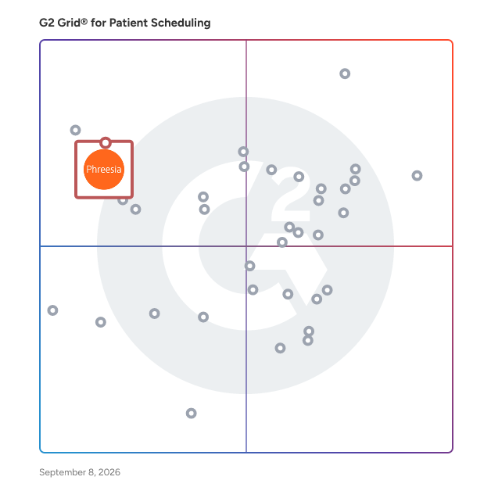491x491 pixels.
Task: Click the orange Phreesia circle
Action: pyautogui.click(x=104, y=170)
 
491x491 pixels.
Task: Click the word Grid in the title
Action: pyautogui.click(x=69, y=23)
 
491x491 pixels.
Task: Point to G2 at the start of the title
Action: pyautogui.click(x=47, y=23)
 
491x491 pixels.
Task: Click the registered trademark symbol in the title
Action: pyautogui.click(x=84, y=21)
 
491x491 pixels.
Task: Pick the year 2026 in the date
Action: pyautogui.click(x=109, y=472)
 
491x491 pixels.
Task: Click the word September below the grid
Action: pyautogui.click(x=63, y=472)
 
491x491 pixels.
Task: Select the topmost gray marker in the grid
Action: pyautogui.click(x=345, y=73)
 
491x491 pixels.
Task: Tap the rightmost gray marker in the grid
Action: pyautogui.click(x=417, y=176)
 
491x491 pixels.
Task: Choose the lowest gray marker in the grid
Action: pyautogui.click(x=191, y=414)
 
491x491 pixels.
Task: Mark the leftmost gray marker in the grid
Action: pyautogui.click(x=52, y=310)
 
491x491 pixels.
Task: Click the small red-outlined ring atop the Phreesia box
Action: pyautogui.click(x=106, y=143)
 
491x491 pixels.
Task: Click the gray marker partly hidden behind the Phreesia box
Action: pyautogui.click(x=123, y=200)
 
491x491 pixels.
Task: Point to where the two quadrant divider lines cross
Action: pyautogui.click(x=246, y=246)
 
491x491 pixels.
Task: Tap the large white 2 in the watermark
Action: pyautogui.click(x=291, y=195)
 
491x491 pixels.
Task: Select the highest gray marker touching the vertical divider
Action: pyautogui.click(x=243, y=152)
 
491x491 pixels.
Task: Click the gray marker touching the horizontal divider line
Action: pyautogui.click(x=282, y=242)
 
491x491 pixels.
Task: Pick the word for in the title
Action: pyautogui.click(x=99, y=23)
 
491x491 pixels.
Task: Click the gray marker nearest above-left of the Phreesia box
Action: pyautogui.click(x=75, y=130)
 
